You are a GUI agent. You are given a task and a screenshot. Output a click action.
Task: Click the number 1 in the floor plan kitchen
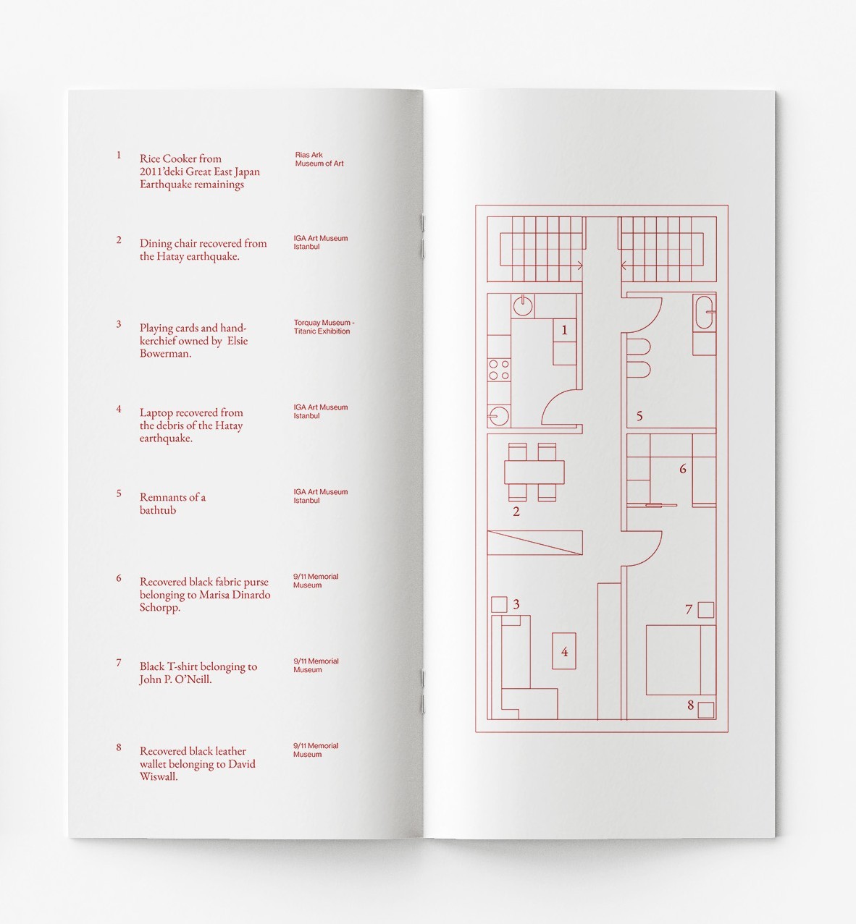[565, 331]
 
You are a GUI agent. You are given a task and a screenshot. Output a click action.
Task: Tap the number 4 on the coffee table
[564, 652]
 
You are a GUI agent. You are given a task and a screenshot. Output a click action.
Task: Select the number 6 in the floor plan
[682, 470]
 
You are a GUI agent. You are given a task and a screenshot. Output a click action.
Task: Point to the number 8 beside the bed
[690, 705]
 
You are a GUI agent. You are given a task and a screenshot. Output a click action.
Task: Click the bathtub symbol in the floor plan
[704, 313]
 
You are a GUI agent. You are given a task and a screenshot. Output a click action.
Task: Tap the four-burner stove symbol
[498, 369]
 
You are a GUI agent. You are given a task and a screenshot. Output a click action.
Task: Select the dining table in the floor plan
[534, 472]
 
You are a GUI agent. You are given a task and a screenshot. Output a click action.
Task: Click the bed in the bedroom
[680, 660]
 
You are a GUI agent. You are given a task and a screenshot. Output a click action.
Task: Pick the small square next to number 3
[499, 604]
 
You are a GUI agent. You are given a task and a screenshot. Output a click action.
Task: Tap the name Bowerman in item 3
[164, 354]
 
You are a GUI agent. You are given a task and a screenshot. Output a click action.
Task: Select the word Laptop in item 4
[156, 413]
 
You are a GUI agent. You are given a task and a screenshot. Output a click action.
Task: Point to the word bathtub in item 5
[158, 510]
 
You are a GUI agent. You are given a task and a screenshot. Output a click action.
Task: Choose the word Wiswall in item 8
[159, 777]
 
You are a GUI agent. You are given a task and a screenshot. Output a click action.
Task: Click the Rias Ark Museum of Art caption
[319, 159]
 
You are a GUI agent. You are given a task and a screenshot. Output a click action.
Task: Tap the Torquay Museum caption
[323, 327]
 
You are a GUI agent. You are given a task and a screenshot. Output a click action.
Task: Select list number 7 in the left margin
[119, 663]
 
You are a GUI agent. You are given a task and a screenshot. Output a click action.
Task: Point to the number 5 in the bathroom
[639, 416]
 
